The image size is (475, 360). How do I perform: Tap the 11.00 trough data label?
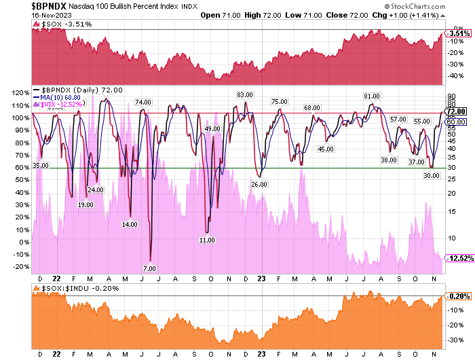coord(207,240)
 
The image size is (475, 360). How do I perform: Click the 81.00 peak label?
coord(371,96)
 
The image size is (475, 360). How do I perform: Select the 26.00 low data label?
coord(259,184)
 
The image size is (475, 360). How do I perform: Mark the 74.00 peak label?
coord(142,103)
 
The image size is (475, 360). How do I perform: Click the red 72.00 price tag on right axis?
coord(454,111)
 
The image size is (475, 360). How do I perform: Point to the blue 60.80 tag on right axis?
coord(454,121)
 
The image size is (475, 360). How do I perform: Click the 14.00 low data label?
coord(130,223)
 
